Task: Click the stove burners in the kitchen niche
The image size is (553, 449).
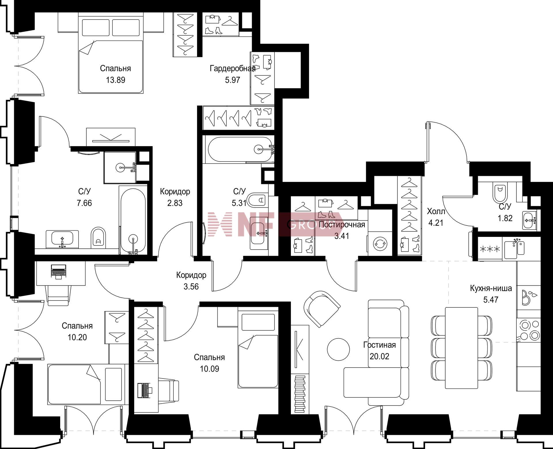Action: [x=529, y=330]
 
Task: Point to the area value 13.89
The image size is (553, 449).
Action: [x=115, y=80]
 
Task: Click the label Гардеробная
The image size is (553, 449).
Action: [x=232, y=68]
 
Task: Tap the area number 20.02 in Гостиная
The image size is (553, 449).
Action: [x=379, y=356]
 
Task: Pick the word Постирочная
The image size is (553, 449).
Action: [x=342, y=225]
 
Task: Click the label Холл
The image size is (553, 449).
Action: [x=436, y=212]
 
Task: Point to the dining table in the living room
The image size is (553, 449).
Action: [x=461, y=348]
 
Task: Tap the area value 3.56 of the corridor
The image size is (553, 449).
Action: [x=191, y=286]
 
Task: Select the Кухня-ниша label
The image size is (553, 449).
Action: [x=491, y=288]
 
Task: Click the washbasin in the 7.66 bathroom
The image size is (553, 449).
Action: [x=62, y=239]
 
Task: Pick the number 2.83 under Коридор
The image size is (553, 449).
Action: [x=175, y=203]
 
